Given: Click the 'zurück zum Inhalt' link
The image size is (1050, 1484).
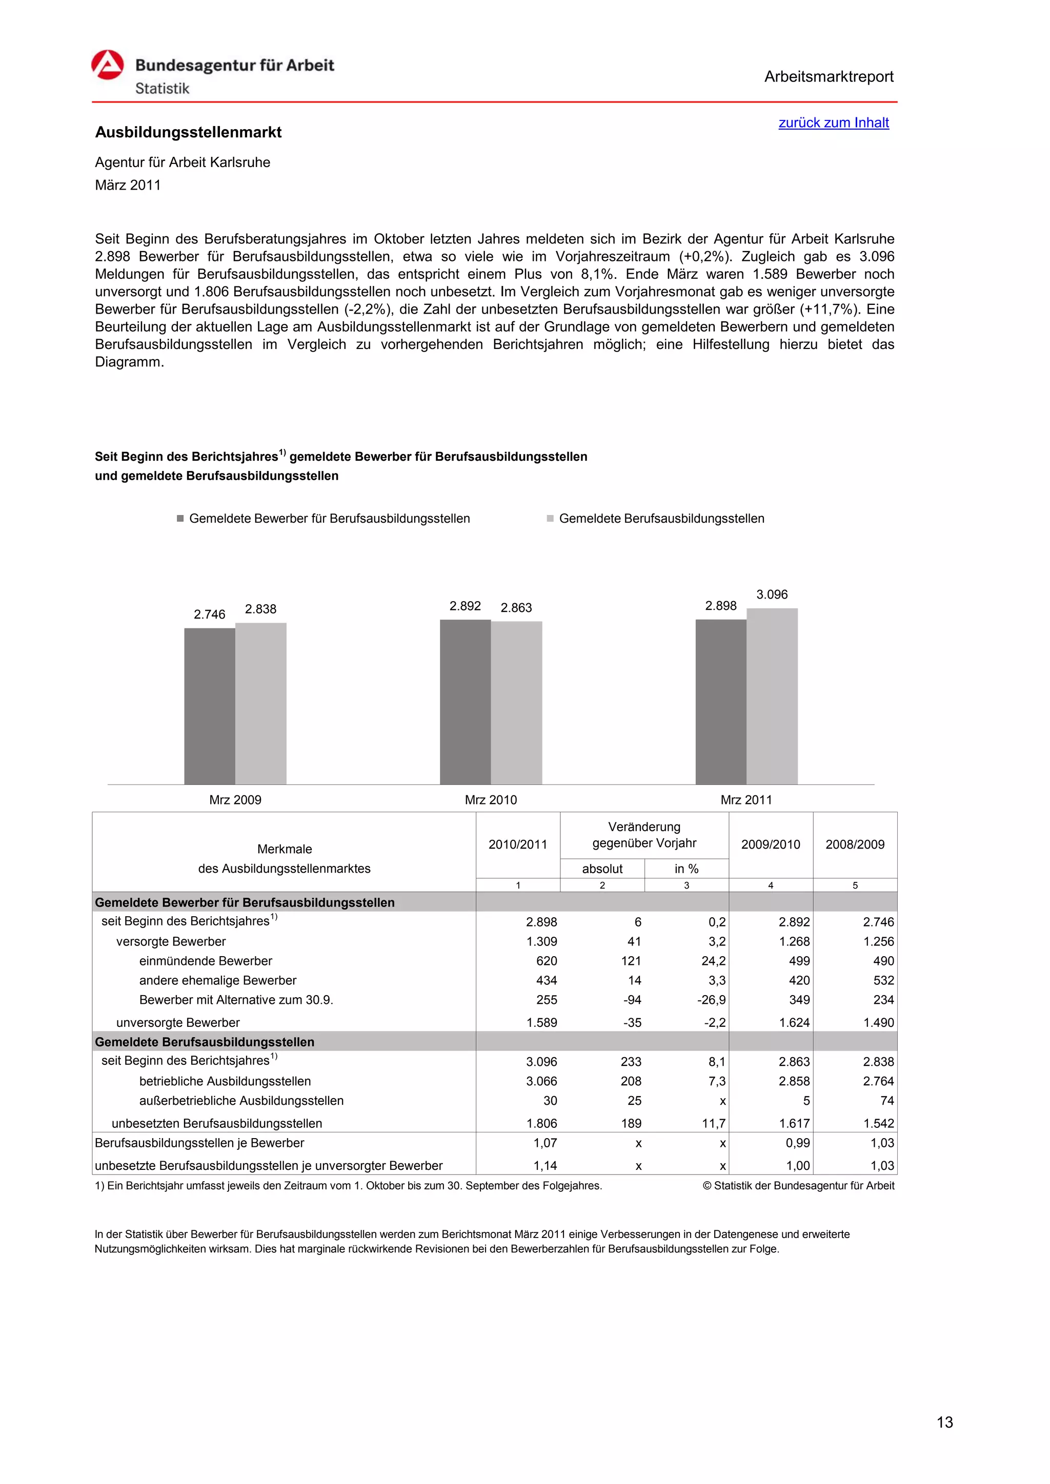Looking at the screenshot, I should coord(834,123).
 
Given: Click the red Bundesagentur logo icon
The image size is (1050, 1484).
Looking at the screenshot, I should coord(107,65).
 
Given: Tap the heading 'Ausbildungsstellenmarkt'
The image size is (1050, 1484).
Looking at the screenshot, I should coord(188,133).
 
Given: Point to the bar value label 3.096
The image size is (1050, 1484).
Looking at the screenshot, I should coord(772,594).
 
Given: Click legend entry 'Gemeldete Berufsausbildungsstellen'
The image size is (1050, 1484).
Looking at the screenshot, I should coord(661,519).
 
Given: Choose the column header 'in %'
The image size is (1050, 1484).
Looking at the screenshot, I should coord(686,869).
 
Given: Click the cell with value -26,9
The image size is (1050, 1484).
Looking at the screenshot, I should coord(711,1000).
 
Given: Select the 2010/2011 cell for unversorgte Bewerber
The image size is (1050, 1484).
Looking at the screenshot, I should coord(541,1022).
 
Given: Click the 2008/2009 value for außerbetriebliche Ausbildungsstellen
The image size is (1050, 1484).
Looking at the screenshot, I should coord(886,1101).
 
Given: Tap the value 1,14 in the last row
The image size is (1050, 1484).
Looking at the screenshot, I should coord(544,1165).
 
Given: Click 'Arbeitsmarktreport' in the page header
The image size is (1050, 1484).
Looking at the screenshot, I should coord(828,77).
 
